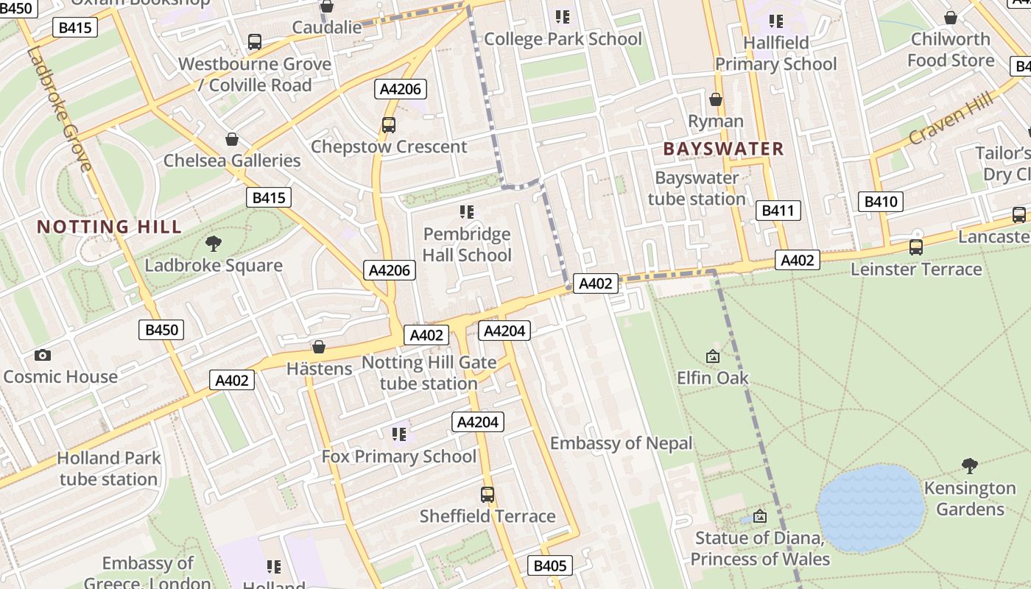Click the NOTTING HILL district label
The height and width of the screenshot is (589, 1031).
point(109,227)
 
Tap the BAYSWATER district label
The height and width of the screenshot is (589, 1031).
point(723,149)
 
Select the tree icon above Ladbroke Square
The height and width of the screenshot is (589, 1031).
point(214,243)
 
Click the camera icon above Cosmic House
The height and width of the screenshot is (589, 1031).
point(43,356)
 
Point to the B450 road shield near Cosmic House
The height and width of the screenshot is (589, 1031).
point(161,330)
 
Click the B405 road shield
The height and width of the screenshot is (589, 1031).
point(549,565)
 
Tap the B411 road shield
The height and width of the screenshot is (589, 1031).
point(778,211)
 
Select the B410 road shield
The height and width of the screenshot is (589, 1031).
point(881,202)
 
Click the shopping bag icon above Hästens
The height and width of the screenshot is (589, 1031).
point(319,347)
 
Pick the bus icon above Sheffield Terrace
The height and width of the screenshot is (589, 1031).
point(487,494)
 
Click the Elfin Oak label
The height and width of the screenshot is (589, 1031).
point(712,378)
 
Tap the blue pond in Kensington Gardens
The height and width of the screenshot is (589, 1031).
point(870,508)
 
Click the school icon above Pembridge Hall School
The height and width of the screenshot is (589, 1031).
point(466,212)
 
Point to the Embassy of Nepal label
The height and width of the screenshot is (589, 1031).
point(621,443)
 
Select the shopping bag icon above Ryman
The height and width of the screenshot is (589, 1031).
point(715,99)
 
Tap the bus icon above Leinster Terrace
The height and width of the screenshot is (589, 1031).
point(915,247)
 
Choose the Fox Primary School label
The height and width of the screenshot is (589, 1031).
point(398,456)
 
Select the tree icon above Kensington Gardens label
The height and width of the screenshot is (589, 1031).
point(970,465)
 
